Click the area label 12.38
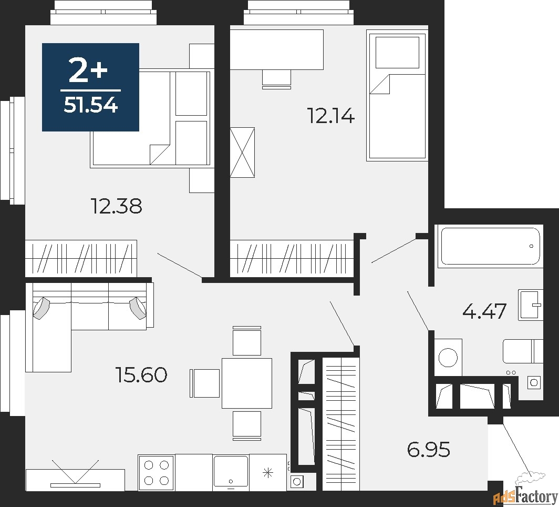pyautogui.click(x=117, y=206)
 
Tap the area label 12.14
pyautogui.click(x=331, y=116)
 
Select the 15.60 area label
pyautogui.click(x=141, y=374)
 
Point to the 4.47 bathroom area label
pyautogui.click(x=484, y=311)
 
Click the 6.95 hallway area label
pyautogui.click(x=429, y=449)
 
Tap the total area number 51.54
pyautogui.click(x=90, y=105)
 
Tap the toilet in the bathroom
pyautogui.click(x=523, y=351)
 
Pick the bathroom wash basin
pyautogui.click(x=531, y=305)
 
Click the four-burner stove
pyautogui.click(x=156, y=473)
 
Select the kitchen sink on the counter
pyautogui.click(x=231, y=472)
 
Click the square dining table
pyautogui.click(x=247, y=383)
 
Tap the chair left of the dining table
pyautogui.click(x=205, y=383)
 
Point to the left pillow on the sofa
pyautogui.click(x=42, y=307)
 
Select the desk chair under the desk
pyautogui.click(x=277, y=78)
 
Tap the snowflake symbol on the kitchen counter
pyautogui.click(x=267, y=473)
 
